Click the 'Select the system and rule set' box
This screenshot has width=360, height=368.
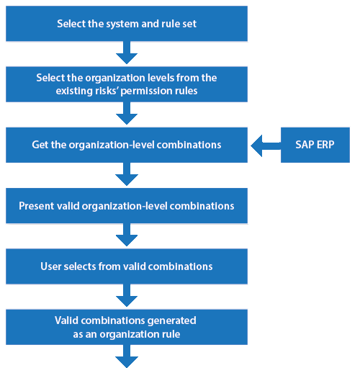pos(127,24)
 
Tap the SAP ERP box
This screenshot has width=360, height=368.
pos(315,145)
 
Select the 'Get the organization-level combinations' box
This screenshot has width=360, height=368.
pos(127,145)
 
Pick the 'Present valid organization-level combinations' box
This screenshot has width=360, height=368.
pos(127,206)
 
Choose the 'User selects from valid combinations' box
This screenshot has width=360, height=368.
pos(127,266)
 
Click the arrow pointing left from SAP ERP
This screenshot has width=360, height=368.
pos(266,145)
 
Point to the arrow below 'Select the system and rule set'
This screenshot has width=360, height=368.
pos(127,53)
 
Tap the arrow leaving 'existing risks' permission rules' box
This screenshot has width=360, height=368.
pos(127,113)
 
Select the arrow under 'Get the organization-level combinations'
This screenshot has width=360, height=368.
pos(127,174)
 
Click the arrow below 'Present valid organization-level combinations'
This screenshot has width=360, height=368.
pos(127,235)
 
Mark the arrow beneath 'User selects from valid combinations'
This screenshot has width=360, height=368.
pos(127,295)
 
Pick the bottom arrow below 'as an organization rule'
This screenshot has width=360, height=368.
pos(127,356)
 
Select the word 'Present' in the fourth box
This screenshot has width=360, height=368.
pos(37,206)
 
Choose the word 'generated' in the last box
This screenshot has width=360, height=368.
pos(171,321)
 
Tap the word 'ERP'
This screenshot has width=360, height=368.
pos(325,145)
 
